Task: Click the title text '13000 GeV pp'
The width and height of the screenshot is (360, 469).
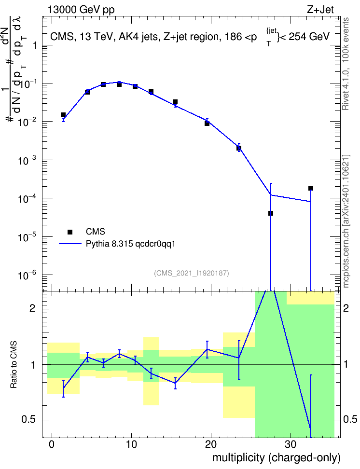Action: [81, 10]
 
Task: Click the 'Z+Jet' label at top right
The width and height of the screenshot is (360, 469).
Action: [320, 10]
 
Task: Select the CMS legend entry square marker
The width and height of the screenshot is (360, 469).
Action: [70, 232]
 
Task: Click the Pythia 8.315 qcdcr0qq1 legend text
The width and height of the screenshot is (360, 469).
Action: [130, 244]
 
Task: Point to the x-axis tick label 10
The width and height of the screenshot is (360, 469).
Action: [131, 444]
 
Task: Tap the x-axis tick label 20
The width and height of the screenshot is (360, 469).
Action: [211, 444]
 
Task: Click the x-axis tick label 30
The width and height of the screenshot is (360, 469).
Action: [291, 444]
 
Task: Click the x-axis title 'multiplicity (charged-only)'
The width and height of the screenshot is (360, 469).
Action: [277, 457]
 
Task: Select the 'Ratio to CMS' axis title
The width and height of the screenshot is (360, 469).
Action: [14, 365]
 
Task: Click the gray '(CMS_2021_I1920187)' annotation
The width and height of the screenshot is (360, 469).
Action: [192, 273]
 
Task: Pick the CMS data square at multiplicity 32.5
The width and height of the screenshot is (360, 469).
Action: [311, 188]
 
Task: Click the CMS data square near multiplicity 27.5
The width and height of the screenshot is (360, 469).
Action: [271, 213]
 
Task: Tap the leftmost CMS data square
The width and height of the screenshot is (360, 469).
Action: [63, 115]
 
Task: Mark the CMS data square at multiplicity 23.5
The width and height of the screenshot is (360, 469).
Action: [239, 148]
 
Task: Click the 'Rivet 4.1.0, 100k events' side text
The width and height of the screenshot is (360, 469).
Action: [346, 64]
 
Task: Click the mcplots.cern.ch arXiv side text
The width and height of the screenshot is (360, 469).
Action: [346, 221]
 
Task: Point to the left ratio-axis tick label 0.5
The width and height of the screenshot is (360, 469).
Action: [28, 420]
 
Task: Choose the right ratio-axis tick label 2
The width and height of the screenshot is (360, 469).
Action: [346, 308]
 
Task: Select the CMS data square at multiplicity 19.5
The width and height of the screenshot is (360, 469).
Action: [207, 123]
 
